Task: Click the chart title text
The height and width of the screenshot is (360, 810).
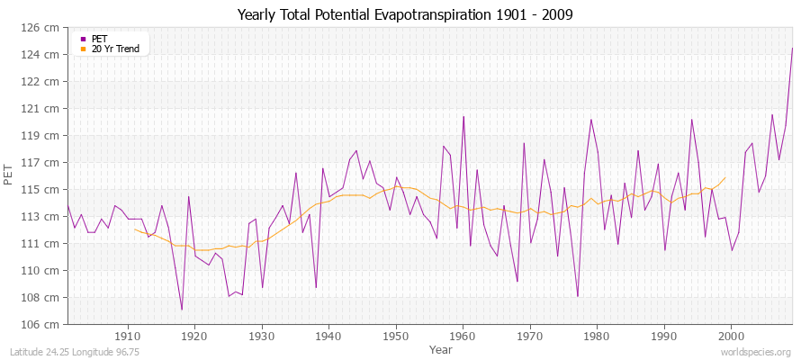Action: click(405, 14)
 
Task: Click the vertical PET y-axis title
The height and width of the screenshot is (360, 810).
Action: click(9, 175)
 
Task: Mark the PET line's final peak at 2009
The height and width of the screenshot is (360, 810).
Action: click(792, 48)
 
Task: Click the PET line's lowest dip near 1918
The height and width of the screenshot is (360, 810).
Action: click(182, 310)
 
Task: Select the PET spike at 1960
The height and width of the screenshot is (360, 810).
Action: click(463, 116)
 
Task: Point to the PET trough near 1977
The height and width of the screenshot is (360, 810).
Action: click(577, 296)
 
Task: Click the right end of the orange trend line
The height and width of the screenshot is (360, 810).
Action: click(725, 177)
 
